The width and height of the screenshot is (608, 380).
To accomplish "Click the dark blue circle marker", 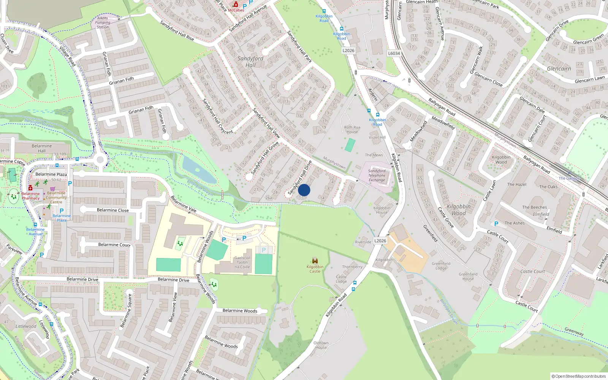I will [x=304, y=190].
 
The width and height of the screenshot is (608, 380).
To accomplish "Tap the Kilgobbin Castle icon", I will [x=315, y=260].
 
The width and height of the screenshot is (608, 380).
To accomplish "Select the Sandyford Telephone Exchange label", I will [x=377, y=176].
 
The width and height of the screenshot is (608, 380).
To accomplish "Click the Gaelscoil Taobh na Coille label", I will [x=242, y=262].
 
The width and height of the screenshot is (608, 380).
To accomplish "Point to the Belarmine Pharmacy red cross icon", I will [x=30, y=188].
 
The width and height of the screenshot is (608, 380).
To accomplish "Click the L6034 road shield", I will [x=394, y=53].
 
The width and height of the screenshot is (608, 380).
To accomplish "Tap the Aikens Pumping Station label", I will [x=103, y=22].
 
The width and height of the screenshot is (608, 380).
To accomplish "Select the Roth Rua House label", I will [x=352, y=130].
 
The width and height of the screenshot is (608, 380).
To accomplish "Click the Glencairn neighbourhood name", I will [x=559, y=69].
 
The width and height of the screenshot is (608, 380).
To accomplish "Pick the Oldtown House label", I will [x=321, y=345].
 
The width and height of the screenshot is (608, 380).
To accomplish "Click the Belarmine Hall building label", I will [x=42, y=148].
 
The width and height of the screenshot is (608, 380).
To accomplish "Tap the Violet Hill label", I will [x=377, y=138].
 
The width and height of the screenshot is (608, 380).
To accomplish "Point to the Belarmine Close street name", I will [x=113, y=210].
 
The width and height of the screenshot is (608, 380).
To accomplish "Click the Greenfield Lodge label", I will [x=441, y=266].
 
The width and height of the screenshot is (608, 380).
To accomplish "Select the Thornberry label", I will [x=352, y=267].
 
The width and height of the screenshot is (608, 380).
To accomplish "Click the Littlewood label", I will [x=26, y=326].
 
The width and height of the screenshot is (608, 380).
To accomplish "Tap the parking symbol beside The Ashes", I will [x=496, y=224].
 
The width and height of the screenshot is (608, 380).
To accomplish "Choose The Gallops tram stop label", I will [x=569, y=178].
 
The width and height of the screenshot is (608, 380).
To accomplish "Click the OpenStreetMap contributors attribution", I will [x=579, y=376].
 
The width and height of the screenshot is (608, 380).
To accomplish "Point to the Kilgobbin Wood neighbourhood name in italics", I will [x=459, y=210].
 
